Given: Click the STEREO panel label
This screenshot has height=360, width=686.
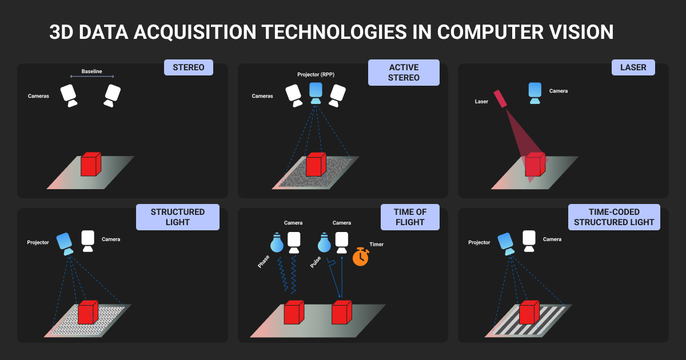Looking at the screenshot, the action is click(188, 67).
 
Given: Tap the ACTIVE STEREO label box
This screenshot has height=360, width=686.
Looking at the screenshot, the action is click(404, 73).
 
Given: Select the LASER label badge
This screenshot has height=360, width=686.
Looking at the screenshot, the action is click(633, 67).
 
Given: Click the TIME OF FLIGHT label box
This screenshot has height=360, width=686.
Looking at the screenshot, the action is click(410, 217).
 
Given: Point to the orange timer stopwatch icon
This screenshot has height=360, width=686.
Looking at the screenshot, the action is click(361, 257).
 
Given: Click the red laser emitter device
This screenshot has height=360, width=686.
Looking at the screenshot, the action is click(500, 98).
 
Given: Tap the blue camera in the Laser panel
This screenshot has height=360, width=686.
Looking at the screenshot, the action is click(535, 93).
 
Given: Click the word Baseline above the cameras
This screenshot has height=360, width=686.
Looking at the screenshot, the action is click(91, 71).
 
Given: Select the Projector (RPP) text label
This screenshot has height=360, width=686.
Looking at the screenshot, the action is click(316, 74).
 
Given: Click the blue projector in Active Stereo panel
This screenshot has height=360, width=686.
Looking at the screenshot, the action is click(316, 93).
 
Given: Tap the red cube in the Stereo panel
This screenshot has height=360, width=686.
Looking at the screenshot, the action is click(91, 164).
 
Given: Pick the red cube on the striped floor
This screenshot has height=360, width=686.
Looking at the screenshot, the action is click(529, 312).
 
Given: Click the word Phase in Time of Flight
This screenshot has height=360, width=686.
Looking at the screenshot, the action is click(264, 262).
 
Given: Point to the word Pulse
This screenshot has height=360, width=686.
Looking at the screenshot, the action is click(316, 262).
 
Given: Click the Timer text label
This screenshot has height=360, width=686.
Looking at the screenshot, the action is click(376, 245).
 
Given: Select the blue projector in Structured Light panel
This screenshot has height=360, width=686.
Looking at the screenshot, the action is click(65, 243).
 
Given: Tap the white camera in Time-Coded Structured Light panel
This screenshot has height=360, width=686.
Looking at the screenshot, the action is click(529, 241).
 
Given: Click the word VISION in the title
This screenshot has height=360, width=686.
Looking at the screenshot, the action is click(581, 32).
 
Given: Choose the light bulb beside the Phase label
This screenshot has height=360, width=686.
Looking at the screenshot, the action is click(277, 242).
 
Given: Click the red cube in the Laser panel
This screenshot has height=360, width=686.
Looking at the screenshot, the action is click(535, 164).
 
